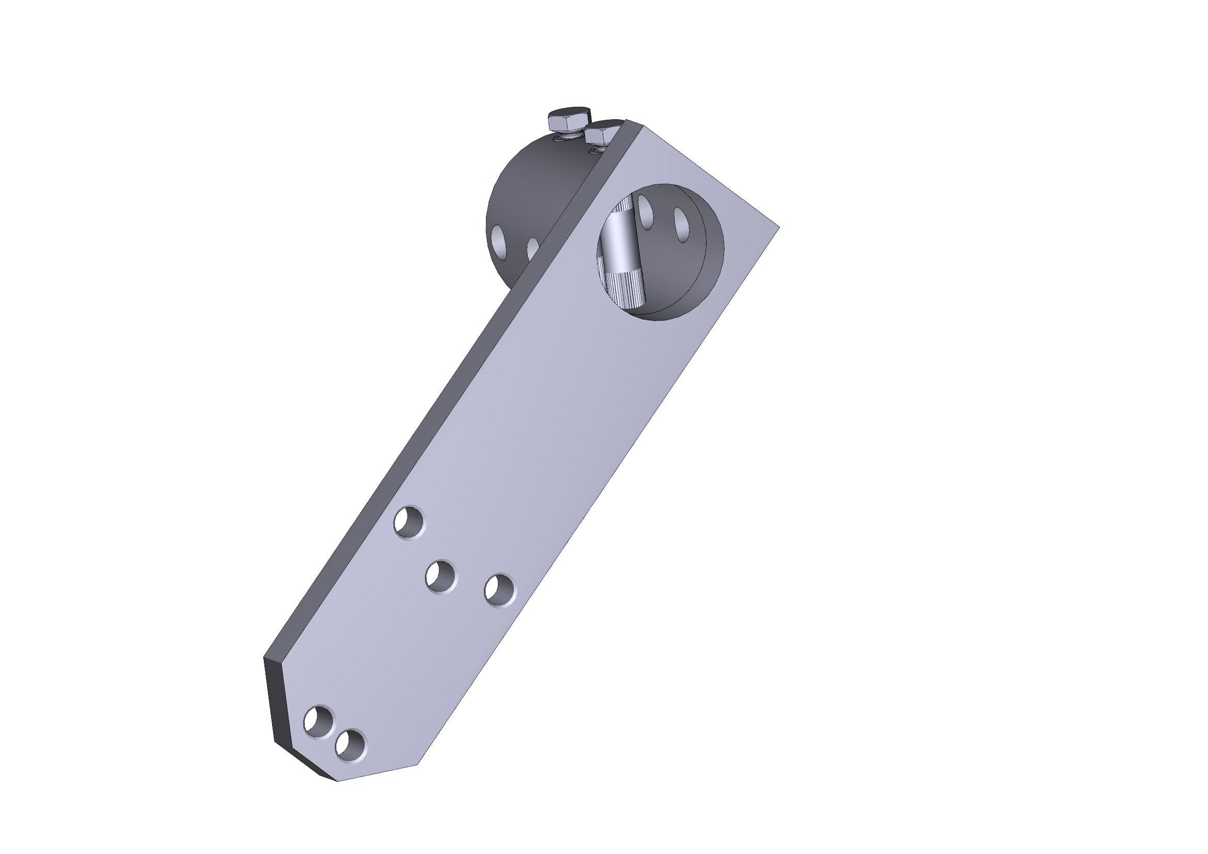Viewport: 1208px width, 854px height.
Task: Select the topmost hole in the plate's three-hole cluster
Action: [x=409, y=521]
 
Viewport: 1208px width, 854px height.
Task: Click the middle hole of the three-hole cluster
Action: [x=440, y=577]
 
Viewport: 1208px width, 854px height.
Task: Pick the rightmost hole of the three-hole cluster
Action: [x=499, y=591]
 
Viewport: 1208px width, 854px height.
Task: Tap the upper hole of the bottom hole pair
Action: [x=318, y=721]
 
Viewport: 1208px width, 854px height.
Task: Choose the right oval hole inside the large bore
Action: [x=682, y=224]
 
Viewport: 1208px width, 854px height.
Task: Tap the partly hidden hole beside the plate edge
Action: [x=532, y=249]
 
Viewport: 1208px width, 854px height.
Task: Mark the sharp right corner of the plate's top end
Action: [x=777, y=227]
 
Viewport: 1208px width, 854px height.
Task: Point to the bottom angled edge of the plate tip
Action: [x=379, y=772]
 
